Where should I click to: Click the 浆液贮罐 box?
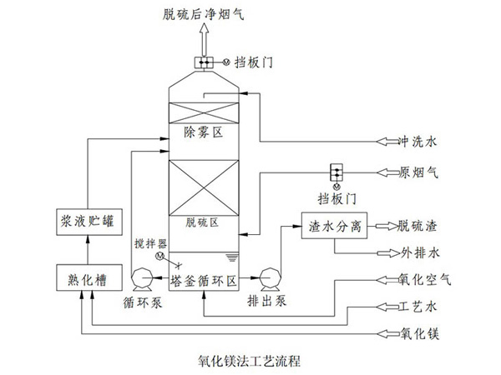[81, 222]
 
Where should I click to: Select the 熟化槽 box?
[81, 277]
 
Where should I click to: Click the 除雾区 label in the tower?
[200, 132]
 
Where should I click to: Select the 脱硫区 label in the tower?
[202, 222]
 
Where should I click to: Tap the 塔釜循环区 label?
[205, 278]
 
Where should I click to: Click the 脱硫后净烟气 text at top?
[202, 13]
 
